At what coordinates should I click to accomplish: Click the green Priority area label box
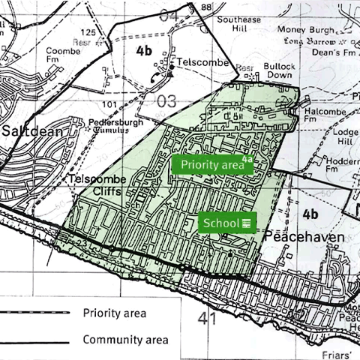point(212,165)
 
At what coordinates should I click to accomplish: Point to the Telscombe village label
point(202,62)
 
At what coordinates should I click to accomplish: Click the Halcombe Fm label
point(331,113)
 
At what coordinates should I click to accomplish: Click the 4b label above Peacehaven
point(310,214)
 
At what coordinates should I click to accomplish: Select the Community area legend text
point(125,340)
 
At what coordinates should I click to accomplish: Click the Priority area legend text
point(115,313)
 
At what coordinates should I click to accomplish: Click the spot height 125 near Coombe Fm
point(88,32)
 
